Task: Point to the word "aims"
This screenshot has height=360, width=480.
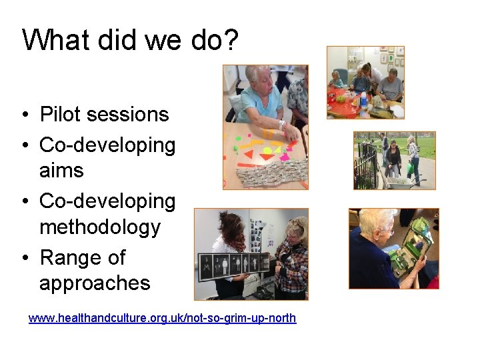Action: (x=61, y=171)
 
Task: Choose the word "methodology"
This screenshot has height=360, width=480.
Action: (x=100, y=227)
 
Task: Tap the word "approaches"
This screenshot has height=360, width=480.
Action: (x=95, y=283)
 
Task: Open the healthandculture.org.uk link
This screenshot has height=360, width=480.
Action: (x=162, y=318)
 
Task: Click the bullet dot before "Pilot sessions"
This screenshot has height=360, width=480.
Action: (x=23, y=115)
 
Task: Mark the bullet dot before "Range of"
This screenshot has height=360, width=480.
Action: (x=23, y=258)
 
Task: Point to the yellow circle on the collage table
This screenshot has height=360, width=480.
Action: (x=267, y=151)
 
